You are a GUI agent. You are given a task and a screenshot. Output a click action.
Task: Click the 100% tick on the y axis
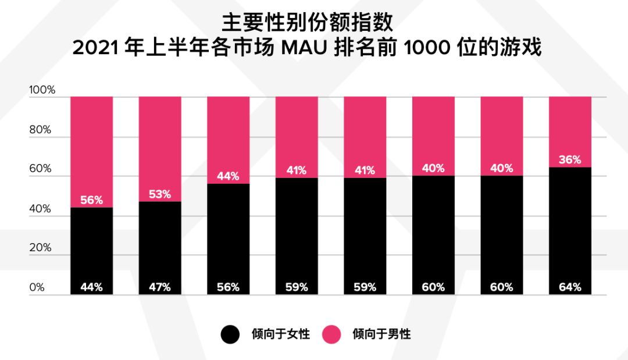click(42, 91)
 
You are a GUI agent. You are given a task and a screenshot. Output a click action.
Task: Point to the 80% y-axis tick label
click(40, 130)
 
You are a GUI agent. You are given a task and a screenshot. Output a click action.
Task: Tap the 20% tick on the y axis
click(40, 248)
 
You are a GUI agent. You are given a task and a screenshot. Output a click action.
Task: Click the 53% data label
click(160, 194)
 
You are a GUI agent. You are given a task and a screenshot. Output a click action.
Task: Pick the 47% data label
click(160, 287)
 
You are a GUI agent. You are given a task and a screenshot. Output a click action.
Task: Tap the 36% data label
click(570, 160)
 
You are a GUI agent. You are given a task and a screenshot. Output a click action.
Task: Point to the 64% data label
click(570, 287)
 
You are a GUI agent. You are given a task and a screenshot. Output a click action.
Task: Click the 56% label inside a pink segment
click(92, 201)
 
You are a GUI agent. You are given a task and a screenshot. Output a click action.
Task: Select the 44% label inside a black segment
click(92, 287)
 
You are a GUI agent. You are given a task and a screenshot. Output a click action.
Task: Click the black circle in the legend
click(230, 334)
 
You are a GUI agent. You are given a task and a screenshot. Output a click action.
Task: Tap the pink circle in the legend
click(331, 334)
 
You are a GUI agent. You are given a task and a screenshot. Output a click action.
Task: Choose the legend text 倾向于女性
click(280, 334)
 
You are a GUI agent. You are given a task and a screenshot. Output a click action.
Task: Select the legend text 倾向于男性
click(381, 334)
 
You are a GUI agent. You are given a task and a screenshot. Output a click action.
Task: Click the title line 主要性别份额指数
click(307, 23)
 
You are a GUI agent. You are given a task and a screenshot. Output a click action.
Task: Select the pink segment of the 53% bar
click(160, 140)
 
